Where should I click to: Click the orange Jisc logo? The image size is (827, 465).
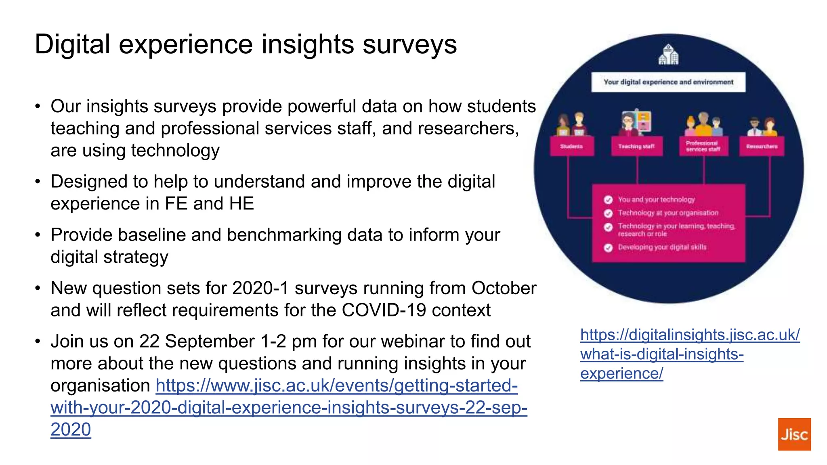pyautogui.click(x=794, y=434)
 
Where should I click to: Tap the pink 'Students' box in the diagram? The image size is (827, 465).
pyautogui.click(x=571, y=146)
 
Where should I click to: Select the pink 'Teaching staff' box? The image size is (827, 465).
pyautogui.click(x=636, y=146)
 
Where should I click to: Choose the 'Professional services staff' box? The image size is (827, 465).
pyautogui.click(x=703, y=146)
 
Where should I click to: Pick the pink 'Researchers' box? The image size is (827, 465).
pyautogui.click(x=762, y=146)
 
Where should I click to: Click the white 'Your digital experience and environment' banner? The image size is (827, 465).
pyautogui.click(x=668, y=82)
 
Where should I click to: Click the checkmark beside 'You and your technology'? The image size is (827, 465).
pyautogui.click(x=608, y=200)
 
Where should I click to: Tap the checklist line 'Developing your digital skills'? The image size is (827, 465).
pyautogui.click(x=662, y=247)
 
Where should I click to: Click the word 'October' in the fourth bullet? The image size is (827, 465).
pyautogui.click(x=504, y=288)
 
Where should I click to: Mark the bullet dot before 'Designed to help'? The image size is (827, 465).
pyautogui.click(x=38, y=182)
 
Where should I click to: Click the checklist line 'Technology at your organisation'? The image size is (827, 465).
pyautogui.click(x=668, y=213)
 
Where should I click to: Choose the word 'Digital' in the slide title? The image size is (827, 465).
pyautogui.click(x=72, y=44)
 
